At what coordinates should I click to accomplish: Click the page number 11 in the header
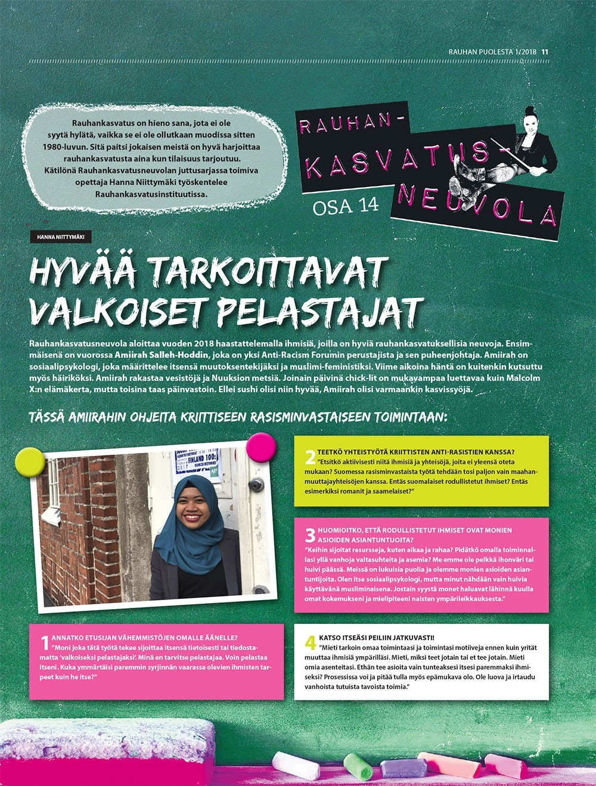tap(545, 52)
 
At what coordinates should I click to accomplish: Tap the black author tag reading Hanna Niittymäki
tap(61, 237)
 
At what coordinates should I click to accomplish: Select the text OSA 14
tap(346, 206)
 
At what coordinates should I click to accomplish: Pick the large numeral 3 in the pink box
tap(310, 535)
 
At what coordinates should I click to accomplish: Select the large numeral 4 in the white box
tap(310, 642)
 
